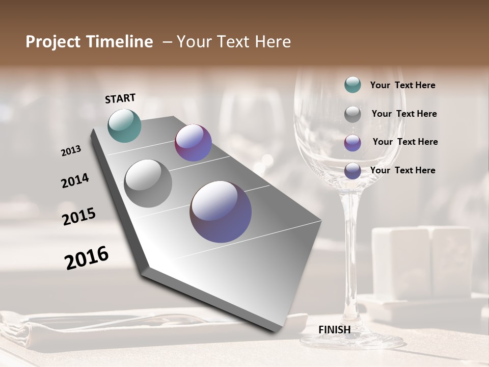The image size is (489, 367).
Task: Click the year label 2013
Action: (x=71, y=151)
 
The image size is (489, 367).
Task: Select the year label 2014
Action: (x=75, y=181)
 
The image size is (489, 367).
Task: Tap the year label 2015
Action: (x=79, y=216)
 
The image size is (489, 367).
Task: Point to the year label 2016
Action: (x=87, y=257)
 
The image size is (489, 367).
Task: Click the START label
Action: (x=120, y=98)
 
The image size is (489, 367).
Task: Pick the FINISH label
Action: (x=334, y=330)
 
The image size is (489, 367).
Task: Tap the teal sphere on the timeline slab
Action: (x=124, y=125)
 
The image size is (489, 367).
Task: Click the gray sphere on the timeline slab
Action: (x=148, y=183)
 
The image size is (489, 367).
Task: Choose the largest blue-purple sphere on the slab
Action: (x=221, y=212)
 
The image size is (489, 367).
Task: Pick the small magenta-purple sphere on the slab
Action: (x=193, y=143)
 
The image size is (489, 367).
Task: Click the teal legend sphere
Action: (x=352, y=85)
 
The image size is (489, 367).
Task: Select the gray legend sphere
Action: (x=352, y=114)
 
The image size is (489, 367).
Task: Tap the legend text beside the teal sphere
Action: (x=402, y=86)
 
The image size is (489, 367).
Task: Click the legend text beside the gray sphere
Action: (x=404, y=114)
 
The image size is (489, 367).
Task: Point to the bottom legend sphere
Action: (x=352, y=171)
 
